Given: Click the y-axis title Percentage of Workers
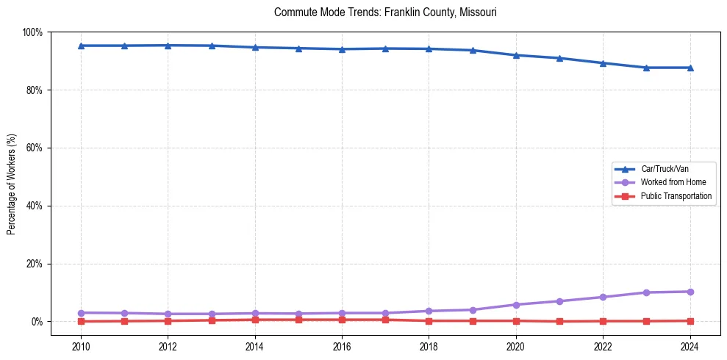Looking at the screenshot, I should coord(12,183).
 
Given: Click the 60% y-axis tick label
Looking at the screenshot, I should coord(34,148).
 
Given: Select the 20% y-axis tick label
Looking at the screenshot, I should coord(34,264).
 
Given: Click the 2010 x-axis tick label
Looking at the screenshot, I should coord(81,347).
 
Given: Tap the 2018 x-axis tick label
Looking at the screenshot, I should coord(429,347).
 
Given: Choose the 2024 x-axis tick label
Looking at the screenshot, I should coord(690,347).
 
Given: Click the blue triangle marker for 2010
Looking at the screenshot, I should coord(81,46).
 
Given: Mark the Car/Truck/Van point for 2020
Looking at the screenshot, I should coord(516,55).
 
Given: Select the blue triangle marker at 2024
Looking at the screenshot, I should coord(690,68).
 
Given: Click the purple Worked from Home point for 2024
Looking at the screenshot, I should coord(690,292).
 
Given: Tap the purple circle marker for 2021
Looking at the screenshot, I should coord(559,301).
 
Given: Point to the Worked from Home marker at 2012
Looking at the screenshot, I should coord(168,314).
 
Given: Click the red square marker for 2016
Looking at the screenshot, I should coord(342,320).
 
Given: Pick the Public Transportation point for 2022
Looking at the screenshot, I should coord(603,321).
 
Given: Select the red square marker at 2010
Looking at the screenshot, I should coord(81,321).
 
